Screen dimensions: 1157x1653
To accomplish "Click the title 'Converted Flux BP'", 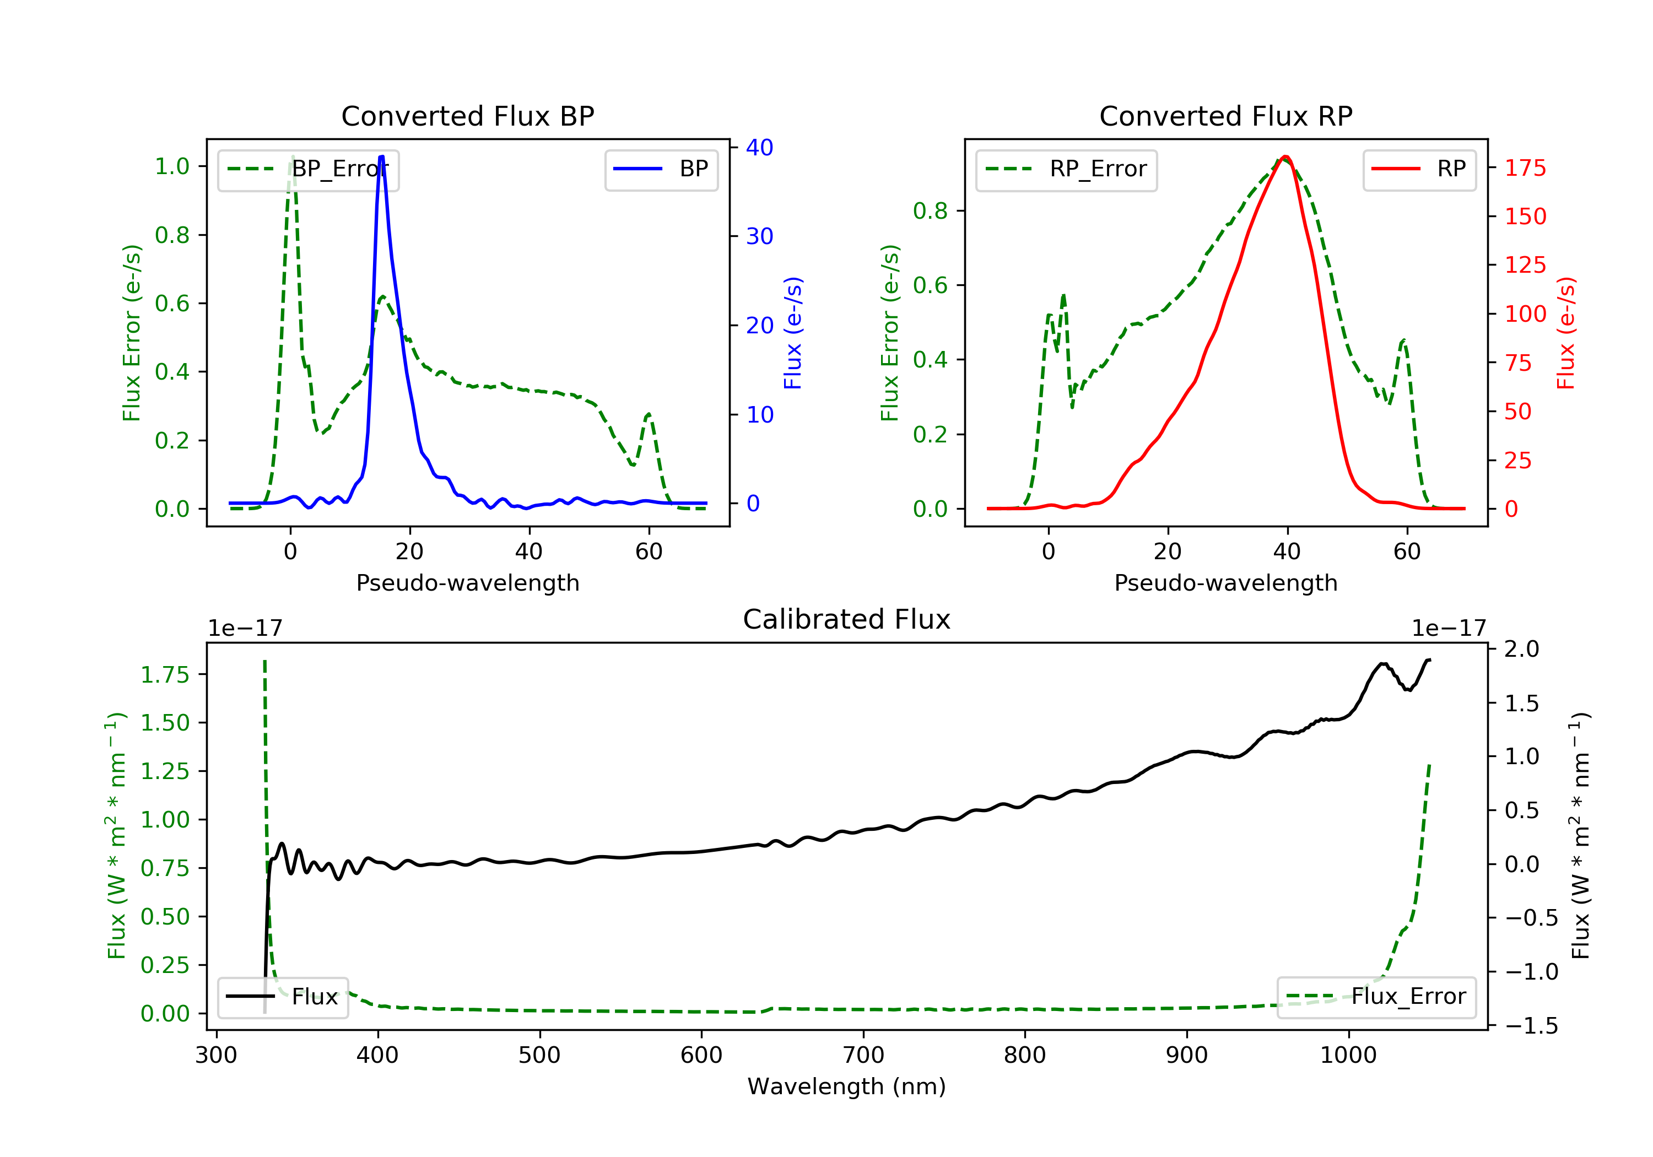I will (467, 116).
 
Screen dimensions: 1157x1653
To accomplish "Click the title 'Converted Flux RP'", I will (1225, 116).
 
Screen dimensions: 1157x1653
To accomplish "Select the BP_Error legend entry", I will (308, 169).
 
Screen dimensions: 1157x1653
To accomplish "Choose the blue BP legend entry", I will (661, 169).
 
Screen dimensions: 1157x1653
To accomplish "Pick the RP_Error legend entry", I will (1066, 169).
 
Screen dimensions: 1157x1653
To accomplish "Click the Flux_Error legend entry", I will (1376, 997).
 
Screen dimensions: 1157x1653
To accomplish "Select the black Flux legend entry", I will (283, 997).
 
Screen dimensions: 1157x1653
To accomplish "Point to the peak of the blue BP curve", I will (381, 157).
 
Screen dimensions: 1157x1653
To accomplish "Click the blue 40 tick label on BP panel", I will (759, 148).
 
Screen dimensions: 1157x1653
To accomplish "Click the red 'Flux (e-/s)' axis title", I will (1566, 333).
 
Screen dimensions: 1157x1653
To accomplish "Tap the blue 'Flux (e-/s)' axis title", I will (793, 333).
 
